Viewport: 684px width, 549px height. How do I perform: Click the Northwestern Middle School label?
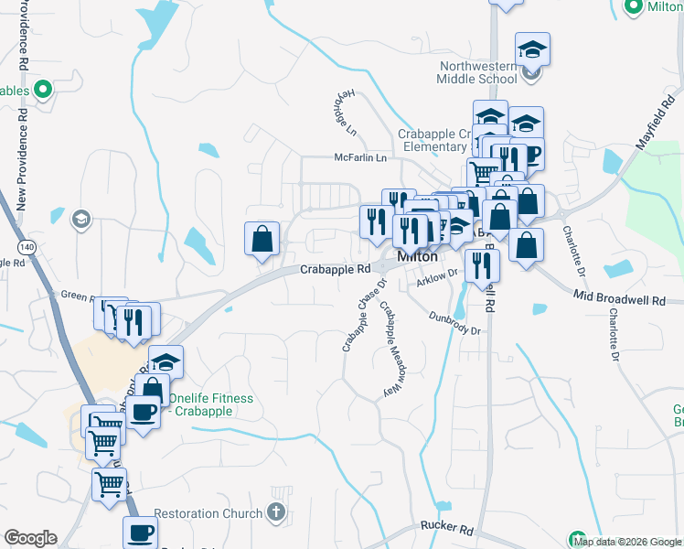click(477, 72)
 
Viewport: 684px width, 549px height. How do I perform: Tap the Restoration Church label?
click(208, 513)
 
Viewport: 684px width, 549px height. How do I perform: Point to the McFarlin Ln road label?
click(360, 158)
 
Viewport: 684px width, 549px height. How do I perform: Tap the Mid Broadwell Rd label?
click(626, 296)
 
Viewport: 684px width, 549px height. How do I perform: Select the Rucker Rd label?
click(446, 528)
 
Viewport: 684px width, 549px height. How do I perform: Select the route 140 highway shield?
click(27, 246)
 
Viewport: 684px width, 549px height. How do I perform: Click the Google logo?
click(30, 538)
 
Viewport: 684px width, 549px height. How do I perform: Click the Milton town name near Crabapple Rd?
click(416, 257)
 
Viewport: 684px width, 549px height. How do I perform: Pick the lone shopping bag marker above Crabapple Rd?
click(262, 240)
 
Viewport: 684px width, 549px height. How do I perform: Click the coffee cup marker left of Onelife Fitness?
click(144, 412)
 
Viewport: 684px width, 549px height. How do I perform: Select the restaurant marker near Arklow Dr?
click(481, 265)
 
